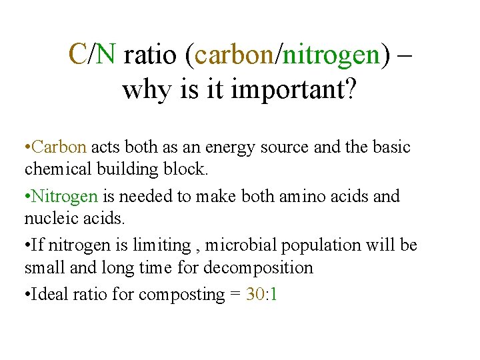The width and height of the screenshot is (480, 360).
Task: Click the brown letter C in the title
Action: click(x=79, y=54)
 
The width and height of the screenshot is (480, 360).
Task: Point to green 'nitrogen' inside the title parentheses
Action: click(x=331, y=55)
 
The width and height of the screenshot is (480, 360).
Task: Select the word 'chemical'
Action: click(x=55, y=169)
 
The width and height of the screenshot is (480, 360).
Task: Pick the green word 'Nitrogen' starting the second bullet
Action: click(x=65, y=197)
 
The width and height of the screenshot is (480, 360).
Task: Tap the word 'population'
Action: click(x=313, y=246)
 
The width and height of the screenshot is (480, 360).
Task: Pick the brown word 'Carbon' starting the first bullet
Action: click(x=59, y=147)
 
